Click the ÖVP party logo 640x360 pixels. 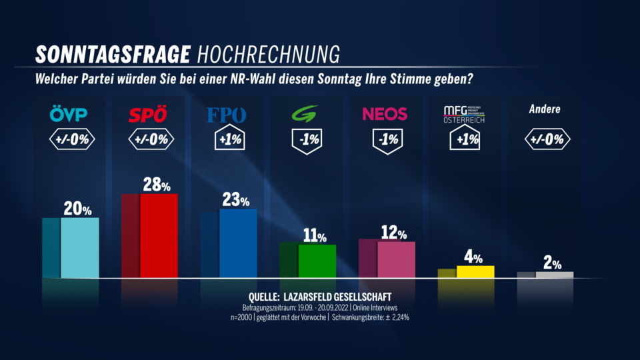pos(69,115)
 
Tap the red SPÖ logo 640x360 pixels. pos(148,115)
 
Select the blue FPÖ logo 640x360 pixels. pos(227,115)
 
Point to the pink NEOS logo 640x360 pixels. pos(385,114)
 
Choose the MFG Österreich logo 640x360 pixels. pos(465,114)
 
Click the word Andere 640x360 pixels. pos(544,109)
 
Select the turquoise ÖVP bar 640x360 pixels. pos(79,247)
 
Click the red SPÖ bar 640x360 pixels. pos(159,235)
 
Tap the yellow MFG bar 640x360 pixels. pos(474,271)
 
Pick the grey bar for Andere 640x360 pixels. pos(554,274)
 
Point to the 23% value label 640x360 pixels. pos(235,199)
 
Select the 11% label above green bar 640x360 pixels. pos(315,235)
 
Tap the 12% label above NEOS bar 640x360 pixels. pos(394,233)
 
